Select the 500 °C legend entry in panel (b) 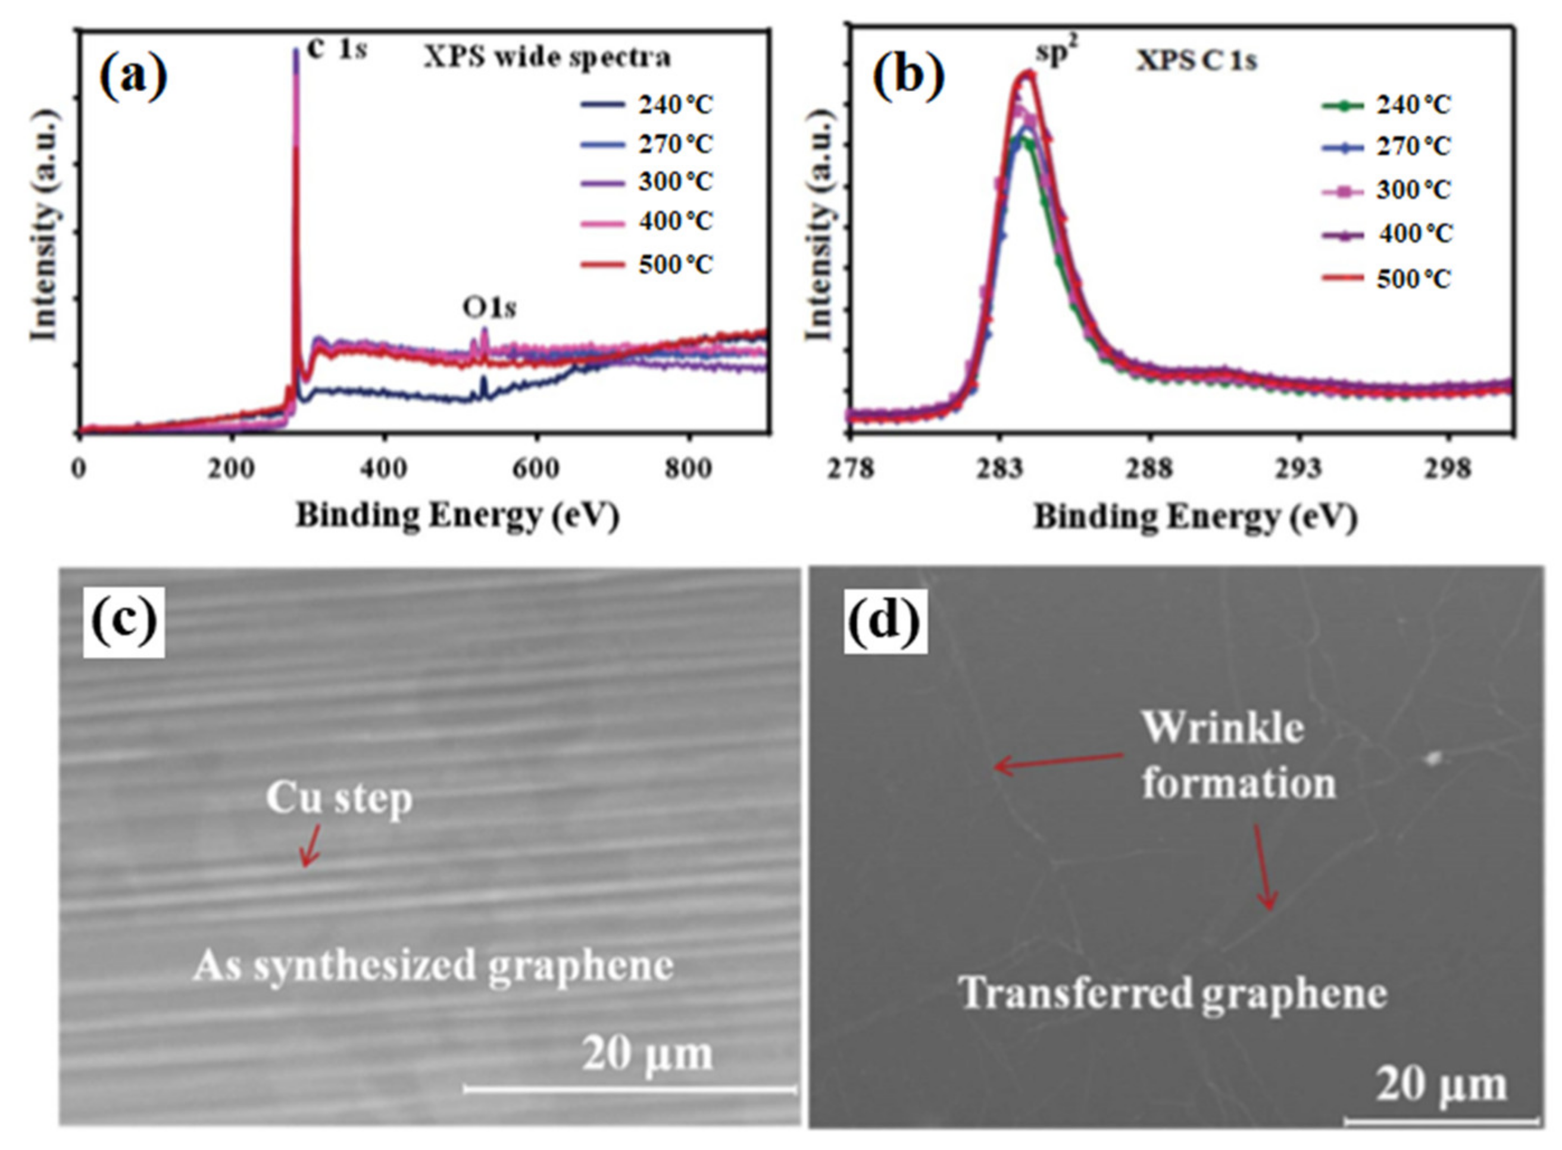tap(1385, 279)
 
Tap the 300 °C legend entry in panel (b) tap(1385, 190)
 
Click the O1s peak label tap(489, 308)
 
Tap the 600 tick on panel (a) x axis tap(536, 468)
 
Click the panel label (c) tap(123, 621)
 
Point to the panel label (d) tap(884, 621)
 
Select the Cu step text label tap(339, 798)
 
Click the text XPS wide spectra tap(547, 58)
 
